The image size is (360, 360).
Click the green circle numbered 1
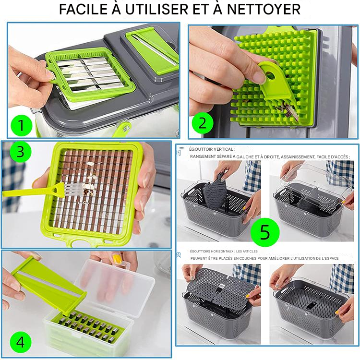21,125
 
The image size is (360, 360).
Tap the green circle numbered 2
202,123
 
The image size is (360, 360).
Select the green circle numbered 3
20,152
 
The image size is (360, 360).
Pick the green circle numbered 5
265,232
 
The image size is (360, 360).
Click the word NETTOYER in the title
264,10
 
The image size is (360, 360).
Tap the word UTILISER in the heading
156,10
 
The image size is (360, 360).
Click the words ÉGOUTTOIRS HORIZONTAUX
211,251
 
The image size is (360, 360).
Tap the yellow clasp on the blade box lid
118,259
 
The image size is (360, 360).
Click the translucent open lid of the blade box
115,287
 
